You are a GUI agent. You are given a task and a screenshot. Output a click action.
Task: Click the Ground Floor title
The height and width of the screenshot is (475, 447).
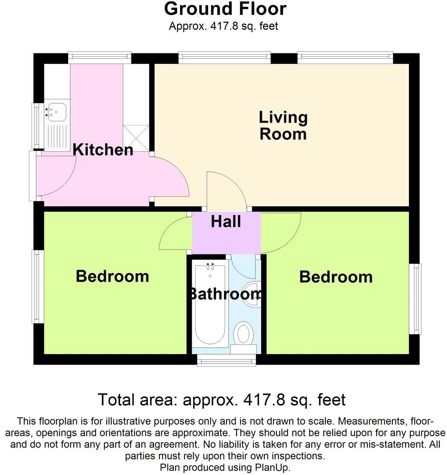point(225,9)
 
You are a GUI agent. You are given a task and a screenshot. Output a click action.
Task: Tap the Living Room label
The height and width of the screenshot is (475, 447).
point(283,125)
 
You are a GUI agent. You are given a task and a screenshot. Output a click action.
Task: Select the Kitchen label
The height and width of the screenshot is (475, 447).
point(103,150)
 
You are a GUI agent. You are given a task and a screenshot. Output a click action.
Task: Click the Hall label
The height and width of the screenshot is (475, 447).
point(226,221)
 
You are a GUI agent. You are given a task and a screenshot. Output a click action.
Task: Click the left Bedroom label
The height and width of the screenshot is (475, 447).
point(113,276)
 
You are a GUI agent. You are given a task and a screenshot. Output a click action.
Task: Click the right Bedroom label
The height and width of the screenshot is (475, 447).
point(336,277)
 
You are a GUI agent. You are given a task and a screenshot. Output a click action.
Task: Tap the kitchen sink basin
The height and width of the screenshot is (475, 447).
point(56,110)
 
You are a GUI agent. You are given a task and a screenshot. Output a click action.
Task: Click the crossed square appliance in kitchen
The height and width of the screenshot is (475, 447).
point(136,138)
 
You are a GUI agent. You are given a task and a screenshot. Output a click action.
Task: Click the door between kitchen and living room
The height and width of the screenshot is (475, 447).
point(171,176)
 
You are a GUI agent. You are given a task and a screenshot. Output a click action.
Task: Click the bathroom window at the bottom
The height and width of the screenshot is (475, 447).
point(227,361)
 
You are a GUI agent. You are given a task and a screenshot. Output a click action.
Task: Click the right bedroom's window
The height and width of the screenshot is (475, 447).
point(415,299)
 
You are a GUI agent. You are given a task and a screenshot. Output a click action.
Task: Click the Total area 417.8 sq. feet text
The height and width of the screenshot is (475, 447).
point(222,400)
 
